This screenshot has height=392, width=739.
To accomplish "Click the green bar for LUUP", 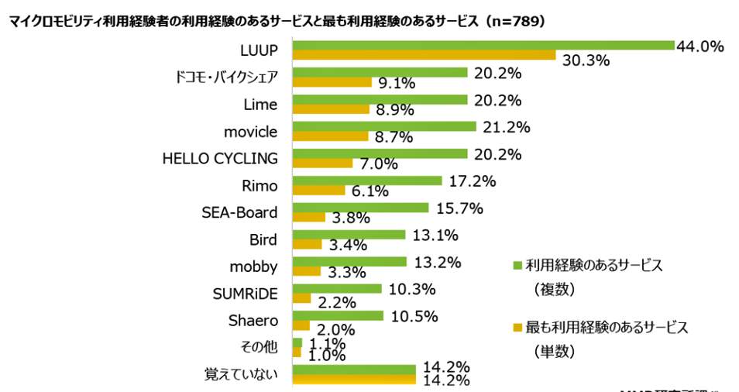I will click(483, 45).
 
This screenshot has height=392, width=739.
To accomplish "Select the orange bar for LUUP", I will click(424, 55).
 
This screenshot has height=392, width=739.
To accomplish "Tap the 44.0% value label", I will click(699, 46).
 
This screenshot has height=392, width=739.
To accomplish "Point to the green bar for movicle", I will click(384, 126).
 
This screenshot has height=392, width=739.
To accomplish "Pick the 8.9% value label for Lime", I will click(394, 111).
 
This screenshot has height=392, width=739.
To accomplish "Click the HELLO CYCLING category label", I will click(219, 158).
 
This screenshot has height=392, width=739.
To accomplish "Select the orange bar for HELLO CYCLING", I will click(322, 163).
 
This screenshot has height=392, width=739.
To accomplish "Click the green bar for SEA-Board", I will click(360, 208).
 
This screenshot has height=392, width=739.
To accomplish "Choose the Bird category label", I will click(263, 239).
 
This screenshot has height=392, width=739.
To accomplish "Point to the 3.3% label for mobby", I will click(345, 273).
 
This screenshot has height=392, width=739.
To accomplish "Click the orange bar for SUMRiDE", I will click(301, 298).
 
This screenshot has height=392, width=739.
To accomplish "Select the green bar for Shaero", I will click(338, 315).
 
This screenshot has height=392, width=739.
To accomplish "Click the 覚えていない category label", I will click(241, 374).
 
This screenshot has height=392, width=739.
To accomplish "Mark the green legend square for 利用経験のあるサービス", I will click(517, 266).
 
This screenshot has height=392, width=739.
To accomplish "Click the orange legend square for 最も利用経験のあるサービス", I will click(517, 327).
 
